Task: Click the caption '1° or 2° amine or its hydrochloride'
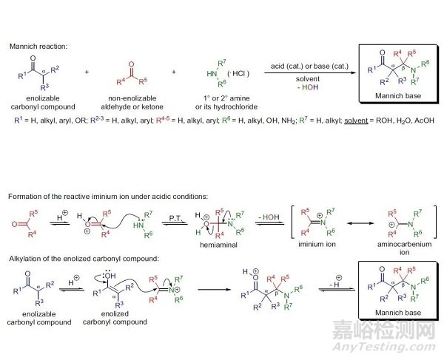click(x=215, y=106)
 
